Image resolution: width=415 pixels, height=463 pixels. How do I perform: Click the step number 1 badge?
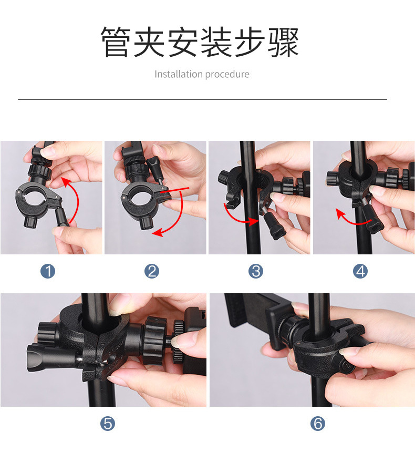[x=48, y=271]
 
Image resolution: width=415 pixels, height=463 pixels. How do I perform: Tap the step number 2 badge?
[x=152, y=271]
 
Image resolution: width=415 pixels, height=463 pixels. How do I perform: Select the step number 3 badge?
[x=256, y=271]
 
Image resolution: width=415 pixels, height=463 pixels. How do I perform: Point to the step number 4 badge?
[x=360, y=271]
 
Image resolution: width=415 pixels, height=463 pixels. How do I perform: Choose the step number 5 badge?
[x=108, y=424]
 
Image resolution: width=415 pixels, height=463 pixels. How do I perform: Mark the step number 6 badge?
[x=318, y=424]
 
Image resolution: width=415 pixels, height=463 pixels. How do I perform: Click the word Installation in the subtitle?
[x=178, y=74]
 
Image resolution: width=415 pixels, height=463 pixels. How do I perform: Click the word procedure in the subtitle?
[x=227, y=75]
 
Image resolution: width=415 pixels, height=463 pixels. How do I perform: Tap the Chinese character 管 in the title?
[x=116, y=42]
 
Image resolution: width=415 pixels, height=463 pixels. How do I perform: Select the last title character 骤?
[x=284, y=42]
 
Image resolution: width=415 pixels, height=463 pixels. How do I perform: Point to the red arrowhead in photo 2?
[x=158, y=233]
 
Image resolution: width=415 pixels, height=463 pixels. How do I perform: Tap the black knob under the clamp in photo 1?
[x=30, y=221]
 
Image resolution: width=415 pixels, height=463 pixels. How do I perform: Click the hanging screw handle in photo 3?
[x=273, y=223]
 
